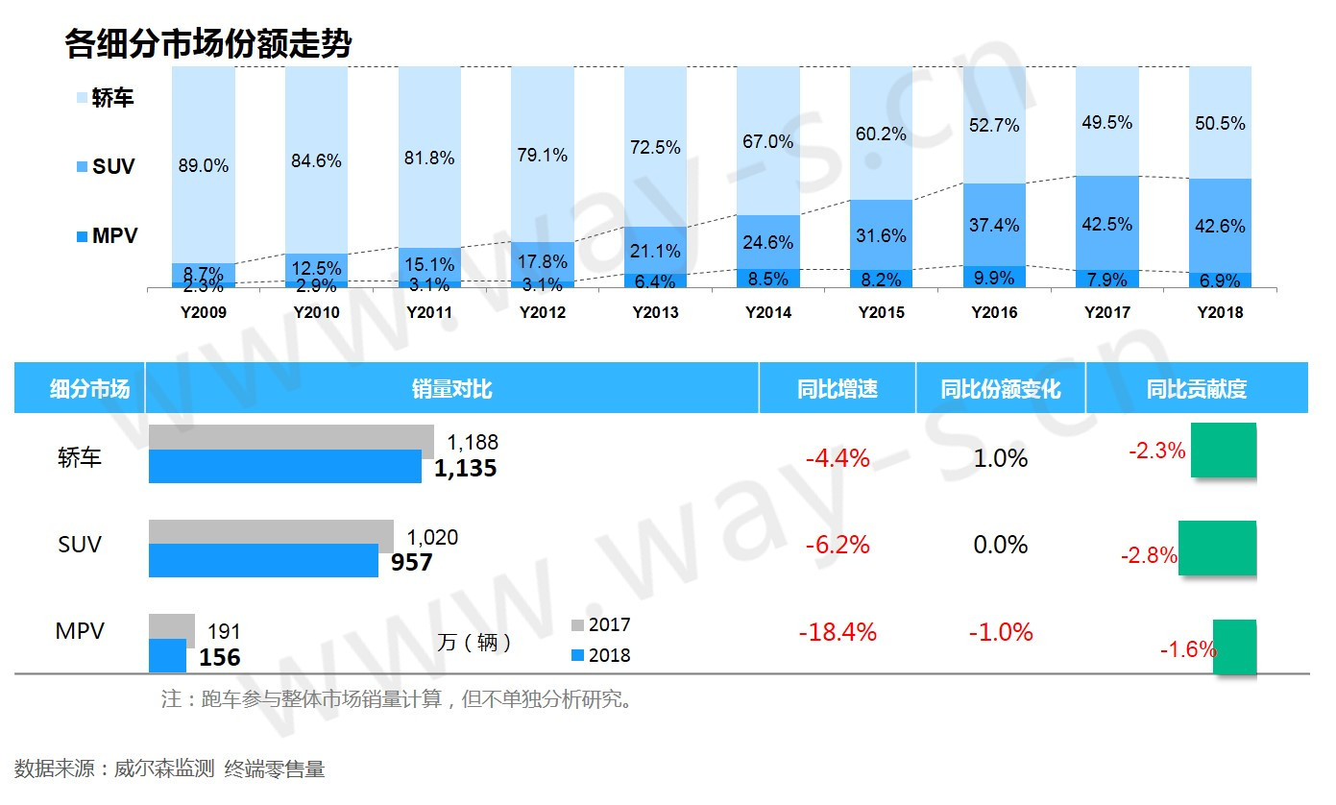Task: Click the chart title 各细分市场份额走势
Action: pyautogui.click(x=208, y=43)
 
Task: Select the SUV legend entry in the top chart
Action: pyautogui.click(x=113, y=166)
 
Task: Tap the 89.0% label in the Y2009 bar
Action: pyautogui.click(x=204, y=165)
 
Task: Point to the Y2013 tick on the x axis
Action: pyautogui.click(x=655, y=312)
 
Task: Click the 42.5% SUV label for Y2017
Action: pyautogui.click(x=1106, y=224)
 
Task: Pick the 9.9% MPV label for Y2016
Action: pyautogui.click(x=994, y=279)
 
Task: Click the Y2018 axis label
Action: pyautogui.click(x=1220, y=312)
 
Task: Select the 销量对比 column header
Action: pyautogui.click(x=451, y=389)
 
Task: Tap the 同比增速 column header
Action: pyautogui.click(x=837, y=389)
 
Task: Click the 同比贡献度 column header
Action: pyautogui.click(x=1196, y=389)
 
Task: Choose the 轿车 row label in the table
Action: pyautogui.click(x=79, y=458)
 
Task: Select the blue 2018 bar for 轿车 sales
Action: pyautogui.click(x=285, y=467)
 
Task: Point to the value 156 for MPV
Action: pyautogui.click(x=219, y=657)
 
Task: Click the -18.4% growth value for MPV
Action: pyautogui.click(x=838, y=632)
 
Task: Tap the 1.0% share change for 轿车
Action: pyautogui.click(x=1001, y=458)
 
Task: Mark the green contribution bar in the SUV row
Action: pyautogui.click(x=1217, y=548)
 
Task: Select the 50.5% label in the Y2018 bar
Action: pyautogui.click(x=1220, y=123)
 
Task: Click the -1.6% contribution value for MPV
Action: pyautogui.click(x=1187, y=649)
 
